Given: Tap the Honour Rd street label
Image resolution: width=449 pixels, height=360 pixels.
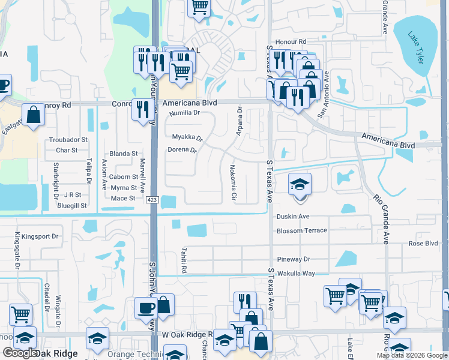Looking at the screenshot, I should tap(291, 42).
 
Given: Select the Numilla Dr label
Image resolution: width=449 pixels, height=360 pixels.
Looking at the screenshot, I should tap(184, 113).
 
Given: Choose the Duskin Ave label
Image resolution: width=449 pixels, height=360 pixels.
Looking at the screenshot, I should tap(292, 217).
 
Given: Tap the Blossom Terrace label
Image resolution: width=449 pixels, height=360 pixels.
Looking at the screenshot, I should tap(301, 230).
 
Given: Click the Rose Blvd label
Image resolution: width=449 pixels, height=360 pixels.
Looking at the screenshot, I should tap(423, 244).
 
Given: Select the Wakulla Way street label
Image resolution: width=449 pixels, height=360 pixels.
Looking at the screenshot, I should tap(295, 274).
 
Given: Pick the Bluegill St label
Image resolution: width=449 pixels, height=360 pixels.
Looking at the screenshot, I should tap(72, 206).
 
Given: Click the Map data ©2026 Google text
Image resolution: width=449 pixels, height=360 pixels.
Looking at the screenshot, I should tap(411, 355).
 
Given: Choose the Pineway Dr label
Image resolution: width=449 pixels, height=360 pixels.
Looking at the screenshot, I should tap(293, 259).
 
